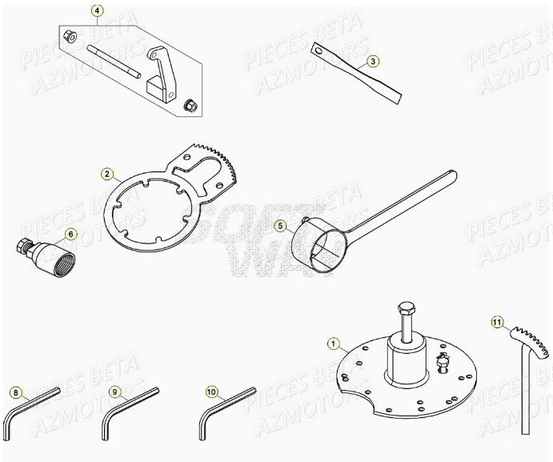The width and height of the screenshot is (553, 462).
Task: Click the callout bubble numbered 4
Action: click(x=97, y=11)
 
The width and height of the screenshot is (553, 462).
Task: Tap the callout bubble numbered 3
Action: click(x=373, y=61)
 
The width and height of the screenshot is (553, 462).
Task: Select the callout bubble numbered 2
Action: click(x=107, y=173)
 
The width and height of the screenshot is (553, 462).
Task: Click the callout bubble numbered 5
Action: click(x=280, y=226)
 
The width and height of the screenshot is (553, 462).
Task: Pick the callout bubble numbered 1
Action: click(x=333, y=343)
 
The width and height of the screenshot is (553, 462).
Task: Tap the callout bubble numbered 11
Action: click(x=497, y=323)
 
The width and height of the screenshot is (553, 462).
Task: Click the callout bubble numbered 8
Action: click(x=15, y=392)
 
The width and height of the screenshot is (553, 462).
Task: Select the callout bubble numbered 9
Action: click(x=114, y=392)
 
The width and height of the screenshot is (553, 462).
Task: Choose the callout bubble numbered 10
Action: click(x=211, y=392)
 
